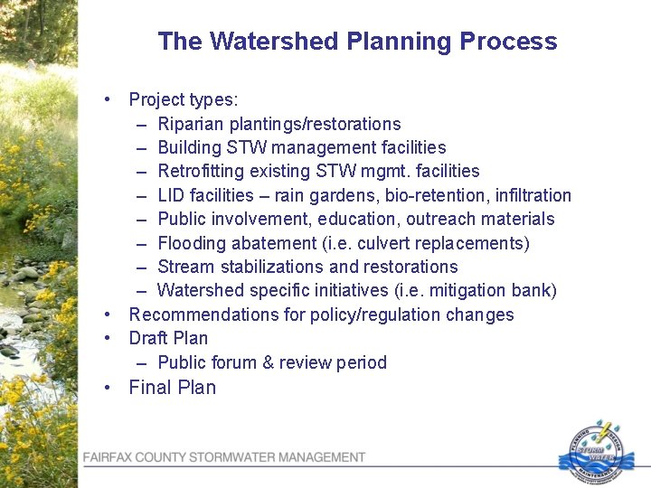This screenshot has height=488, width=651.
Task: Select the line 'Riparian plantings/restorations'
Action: point(278,124)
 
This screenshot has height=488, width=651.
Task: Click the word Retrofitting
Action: point(199,171)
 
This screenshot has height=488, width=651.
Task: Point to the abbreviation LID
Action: point(172,195)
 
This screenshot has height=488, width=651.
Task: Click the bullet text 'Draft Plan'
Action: point(168,338)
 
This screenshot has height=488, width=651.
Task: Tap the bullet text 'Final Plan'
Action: point(172,388)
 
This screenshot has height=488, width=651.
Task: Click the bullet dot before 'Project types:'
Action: point(108,99)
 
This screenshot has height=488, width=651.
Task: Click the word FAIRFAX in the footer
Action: point(112,458)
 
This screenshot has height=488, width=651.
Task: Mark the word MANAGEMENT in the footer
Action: point(321,458)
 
